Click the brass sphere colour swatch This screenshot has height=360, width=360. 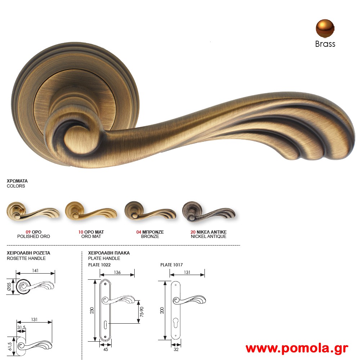click(x=325, y=28)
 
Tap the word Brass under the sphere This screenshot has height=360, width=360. click(x=325, y=44)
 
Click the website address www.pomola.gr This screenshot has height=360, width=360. click(x=297, y=348)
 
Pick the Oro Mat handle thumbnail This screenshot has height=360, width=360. click(x=91, y=213)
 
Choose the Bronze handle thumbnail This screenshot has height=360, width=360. click(x=150, y=213)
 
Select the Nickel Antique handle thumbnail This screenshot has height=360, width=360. click(x=208, y=213)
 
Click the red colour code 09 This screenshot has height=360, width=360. click(x=28, y=232)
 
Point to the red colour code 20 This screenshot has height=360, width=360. click(x=193, y=232)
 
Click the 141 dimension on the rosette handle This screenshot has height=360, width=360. click(x=35, y=271)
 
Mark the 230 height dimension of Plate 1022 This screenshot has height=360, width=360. click(x=92, y=310)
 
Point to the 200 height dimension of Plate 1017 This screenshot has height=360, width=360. click(x=162, y=310)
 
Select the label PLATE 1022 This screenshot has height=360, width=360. click(x=99, y=265)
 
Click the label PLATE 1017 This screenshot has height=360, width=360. click(x=171, y=265)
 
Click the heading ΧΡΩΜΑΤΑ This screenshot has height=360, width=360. click(x=17, y=181)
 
